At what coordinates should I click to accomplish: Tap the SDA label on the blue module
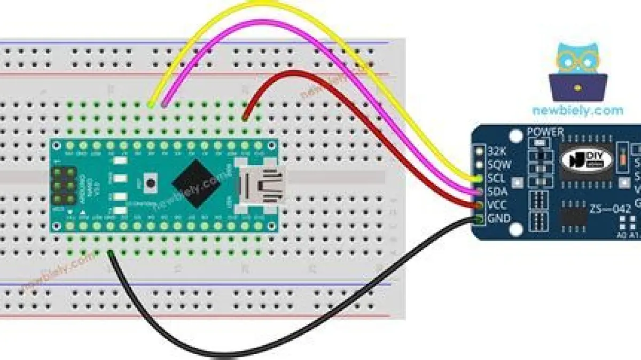(498, 192)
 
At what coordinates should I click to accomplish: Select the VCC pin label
(498, 205)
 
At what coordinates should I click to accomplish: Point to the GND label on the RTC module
(498, 218)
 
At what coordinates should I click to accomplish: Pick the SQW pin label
(498, 165)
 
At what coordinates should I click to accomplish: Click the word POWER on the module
(545, 131)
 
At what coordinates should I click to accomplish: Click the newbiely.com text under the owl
(577, 111)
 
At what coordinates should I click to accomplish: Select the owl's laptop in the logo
(578, 87)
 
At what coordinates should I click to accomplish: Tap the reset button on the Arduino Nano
(151, 183)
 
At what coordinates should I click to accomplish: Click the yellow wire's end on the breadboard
(152, 105)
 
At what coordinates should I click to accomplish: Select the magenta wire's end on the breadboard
(165, 105)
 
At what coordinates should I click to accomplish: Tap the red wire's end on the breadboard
(245, 118)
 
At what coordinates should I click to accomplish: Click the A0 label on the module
(622, 235)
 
